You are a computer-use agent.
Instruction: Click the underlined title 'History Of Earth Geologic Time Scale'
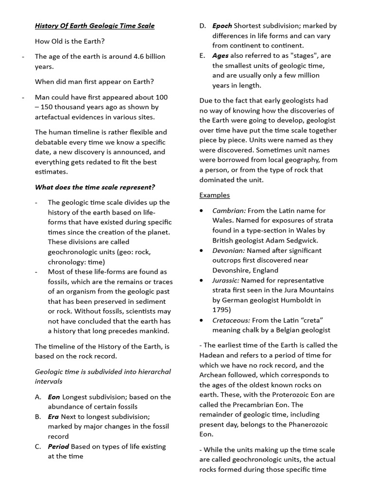(95, 26)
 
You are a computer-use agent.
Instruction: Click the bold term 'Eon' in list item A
(54, 397)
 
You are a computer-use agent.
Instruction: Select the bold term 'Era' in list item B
(53, 416)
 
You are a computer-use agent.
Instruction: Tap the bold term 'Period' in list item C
(58, 446)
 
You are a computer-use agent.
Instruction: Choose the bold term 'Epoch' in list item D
(222, 26)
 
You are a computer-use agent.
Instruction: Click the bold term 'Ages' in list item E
(220, 56)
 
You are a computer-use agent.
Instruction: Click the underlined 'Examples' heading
(215, 195)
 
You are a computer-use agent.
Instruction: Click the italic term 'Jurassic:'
(226, 280)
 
